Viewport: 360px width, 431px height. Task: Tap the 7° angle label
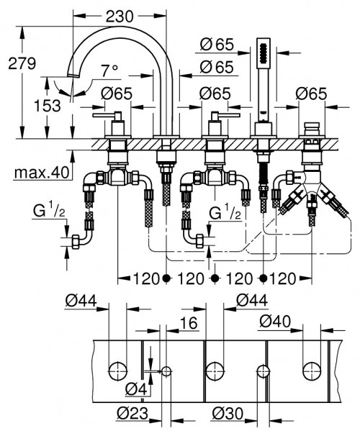[109, 71]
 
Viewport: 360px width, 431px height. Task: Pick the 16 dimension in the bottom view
[189, 325]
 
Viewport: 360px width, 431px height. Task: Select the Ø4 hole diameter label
[135, 390]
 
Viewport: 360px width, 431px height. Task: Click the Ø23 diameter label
[132, 413]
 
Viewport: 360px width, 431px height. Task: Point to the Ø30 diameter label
[228, 413]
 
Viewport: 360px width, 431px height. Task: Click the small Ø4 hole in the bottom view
[166, 371]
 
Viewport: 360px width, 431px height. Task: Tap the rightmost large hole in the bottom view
[311, 371]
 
